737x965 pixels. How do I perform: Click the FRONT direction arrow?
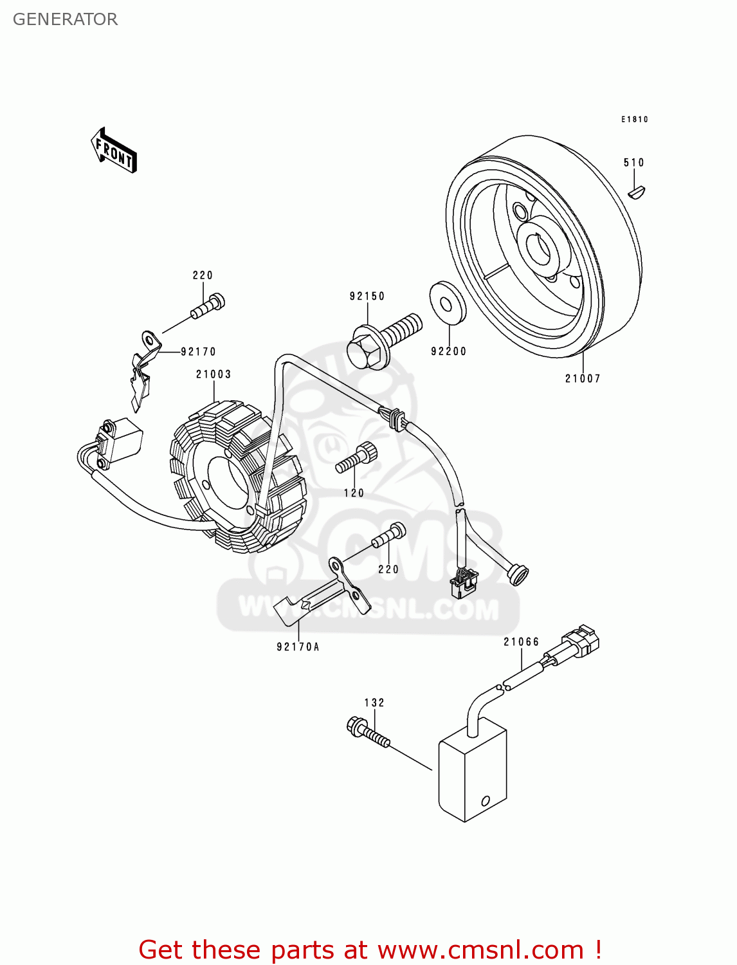click(114, 151)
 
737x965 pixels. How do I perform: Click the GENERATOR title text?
click(65, 19)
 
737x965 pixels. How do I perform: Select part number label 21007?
click(583, 378)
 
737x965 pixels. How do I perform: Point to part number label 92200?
click(448, 351)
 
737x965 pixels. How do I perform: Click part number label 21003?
click(214, 374)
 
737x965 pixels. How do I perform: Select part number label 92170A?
click(298, 647)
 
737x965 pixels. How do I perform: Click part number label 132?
click(374, 703)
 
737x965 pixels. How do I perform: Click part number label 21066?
click(521, 641)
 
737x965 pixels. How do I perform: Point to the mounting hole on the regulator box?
click(486, 801)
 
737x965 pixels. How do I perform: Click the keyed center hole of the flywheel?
click(536, 248)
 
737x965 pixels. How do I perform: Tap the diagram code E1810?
click(634, 119)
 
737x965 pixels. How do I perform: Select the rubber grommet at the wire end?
click(517, 574)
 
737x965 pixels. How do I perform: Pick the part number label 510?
click(633, 163)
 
